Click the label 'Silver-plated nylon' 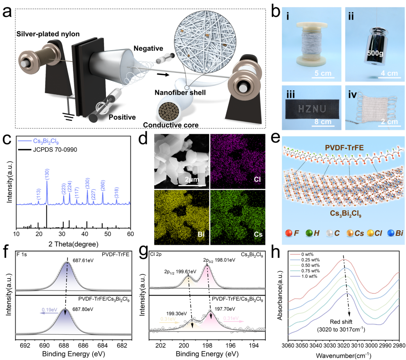(x=48, y=34)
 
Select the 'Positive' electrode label (x=122, y=117)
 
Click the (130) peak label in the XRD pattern (x=47, y=174)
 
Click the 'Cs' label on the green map (x=258, y=235)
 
